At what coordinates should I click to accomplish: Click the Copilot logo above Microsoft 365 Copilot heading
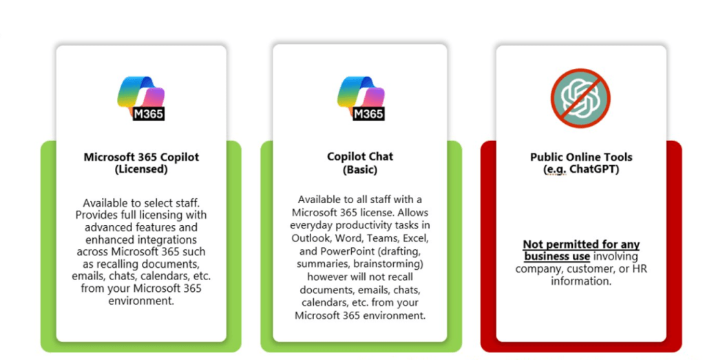click(x=141, y=98)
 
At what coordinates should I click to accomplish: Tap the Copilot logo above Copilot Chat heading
click(x=361, y=98)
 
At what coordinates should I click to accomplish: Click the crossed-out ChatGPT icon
click(x=580, y=98)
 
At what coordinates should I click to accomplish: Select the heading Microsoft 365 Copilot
click(x=141, y=157)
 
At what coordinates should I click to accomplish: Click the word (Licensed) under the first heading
click(x=141, y=169)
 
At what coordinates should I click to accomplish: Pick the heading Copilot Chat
click(x=360, y=156)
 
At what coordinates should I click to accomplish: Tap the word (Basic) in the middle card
click(x=360, y=169)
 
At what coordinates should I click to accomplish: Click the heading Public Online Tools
click(x=581, y=157)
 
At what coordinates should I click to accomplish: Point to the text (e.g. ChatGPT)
click(x=581, y=169)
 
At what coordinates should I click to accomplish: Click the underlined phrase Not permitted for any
click(x=581, y=244)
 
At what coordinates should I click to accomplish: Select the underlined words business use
click(x=557, y=256)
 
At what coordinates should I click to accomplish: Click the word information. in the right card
click(x=581, y=281)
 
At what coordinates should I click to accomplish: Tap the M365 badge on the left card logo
click(x=149, y=114)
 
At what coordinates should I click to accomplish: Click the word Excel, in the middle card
click(x=414, y=237)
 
